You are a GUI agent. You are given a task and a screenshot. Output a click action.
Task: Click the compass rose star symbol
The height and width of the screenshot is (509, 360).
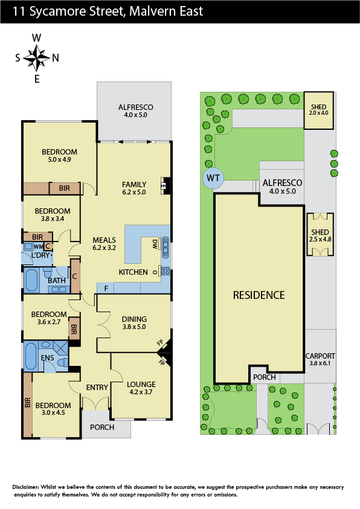click(x=36, y=58)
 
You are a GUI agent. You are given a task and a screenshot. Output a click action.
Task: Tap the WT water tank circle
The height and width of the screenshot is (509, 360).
click(x=213, y=178)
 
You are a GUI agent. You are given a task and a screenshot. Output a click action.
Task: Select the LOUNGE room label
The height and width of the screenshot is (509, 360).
click(x=141, y=385)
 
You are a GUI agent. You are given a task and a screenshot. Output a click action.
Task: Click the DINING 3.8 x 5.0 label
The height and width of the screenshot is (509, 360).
click(x=134, y=322)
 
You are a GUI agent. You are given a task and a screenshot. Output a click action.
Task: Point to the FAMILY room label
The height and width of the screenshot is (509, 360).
click(x=134, y=184)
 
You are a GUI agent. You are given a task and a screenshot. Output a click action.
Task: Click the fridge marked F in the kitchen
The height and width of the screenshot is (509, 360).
click(x=106, y=288)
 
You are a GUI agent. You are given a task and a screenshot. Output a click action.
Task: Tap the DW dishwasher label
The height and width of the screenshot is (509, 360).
click(x=155, y=244)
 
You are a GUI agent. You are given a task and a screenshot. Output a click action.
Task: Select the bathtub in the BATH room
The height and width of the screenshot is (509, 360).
click(x=31, y=280)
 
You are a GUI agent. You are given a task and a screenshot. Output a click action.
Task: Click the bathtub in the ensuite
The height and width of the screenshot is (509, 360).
click(x=31, y=356)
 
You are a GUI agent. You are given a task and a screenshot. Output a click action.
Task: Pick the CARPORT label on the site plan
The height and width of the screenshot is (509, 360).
click(x=320, y=356)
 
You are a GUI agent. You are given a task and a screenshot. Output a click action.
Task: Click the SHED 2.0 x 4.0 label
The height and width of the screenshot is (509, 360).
click(x=318, y=109)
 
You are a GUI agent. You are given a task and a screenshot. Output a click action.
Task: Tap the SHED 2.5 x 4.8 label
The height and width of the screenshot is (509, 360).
click(x=320, y=235)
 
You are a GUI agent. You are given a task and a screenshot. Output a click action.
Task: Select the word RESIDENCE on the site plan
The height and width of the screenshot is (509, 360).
click(x=259, y=295)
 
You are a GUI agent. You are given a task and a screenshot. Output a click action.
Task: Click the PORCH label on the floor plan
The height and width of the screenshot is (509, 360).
click(x=102, y=427)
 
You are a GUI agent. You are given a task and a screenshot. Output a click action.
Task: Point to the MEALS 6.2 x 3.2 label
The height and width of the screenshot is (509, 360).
click(x=104, y=243)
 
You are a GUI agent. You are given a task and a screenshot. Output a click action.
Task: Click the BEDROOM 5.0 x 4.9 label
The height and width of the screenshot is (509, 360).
click(x=59, y=155)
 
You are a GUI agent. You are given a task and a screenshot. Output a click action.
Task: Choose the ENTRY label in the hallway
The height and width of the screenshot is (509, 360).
click(x=97, y=387)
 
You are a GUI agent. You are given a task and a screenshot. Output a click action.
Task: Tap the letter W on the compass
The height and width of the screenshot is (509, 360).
click(x=36, y=38)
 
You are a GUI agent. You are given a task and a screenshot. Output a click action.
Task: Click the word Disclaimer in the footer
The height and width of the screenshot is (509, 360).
click(x=25, y=487)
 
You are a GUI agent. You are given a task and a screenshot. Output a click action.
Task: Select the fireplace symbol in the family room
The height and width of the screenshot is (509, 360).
click(x=163, y=186)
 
